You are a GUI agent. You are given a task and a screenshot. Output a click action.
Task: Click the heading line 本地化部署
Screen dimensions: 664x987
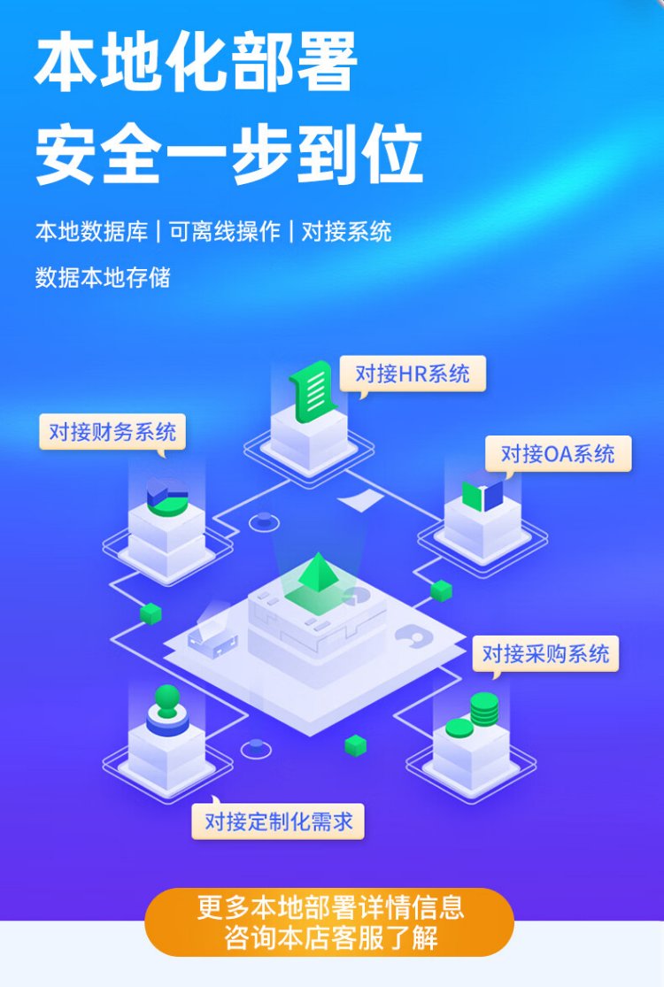coord(196,63)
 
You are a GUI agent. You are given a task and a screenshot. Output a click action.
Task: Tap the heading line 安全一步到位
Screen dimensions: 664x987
coord(228,154)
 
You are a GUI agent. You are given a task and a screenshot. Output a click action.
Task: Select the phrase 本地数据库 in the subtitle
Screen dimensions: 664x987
coord(91,232)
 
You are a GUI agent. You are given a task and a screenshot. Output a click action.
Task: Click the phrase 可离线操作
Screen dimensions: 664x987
coord(225,232)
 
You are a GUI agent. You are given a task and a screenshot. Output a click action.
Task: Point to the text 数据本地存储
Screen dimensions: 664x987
coord(103,277)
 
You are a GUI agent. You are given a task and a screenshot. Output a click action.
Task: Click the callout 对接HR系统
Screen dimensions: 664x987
coord(413,374)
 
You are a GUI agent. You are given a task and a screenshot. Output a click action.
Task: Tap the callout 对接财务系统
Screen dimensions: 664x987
coord(112,432)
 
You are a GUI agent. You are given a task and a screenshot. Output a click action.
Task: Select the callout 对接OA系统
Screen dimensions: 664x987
coord(558,453)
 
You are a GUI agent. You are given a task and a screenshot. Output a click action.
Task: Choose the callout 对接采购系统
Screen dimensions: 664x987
coord(545,653)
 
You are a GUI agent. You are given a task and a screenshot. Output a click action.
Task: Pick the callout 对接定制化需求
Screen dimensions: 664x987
coord(278,821)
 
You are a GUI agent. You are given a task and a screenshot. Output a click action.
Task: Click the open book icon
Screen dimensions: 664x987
coord(483,496)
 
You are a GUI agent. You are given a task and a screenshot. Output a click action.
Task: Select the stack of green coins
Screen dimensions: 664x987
coord(484,709)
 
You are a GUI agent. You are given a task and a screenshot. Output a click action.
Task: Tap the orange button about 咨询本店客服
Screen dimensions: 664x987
coord(329,922)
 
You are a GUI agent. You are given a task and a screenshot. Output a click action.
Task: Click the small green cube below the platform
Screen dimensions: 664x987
coord(356,746)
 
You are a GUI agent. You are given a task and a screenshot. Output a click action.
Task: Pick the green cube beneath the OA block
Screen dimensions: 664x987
coord(441,590)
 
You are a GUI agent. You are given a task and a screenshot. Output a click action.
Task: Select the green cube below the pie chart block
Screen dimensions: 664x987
coord(151,613)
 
